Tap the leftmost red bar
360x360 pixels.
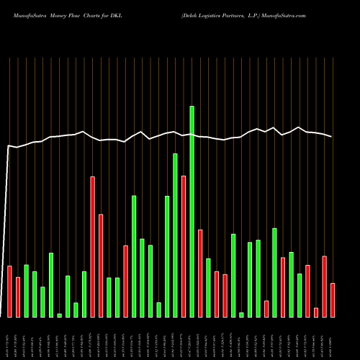[9, 292]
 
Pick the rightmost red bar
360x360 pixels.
[333, 300]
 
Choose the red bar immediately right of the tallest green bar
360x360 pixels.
[200, 274]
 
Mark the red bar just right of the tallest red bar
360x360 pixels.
[101, 266]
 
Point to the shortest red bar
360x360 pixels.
[316, 312]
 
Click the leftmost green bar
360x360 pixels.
[26, 291]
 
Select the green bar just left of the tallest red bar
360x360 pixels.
[84, 294]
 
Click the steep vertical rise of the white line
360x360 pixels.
[6, 230]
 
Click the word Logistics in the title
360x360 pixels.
[229, 15]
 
